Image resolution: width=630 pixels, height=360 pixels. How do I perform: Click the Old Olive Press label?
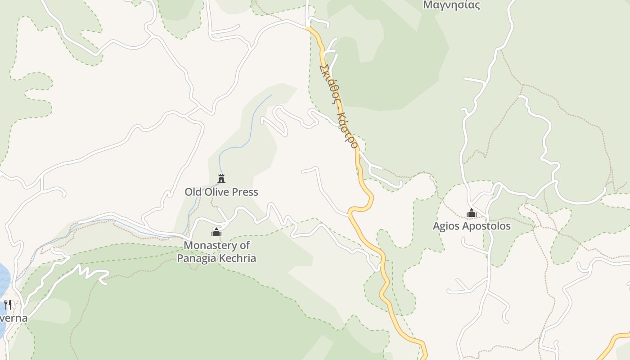click(221, 192)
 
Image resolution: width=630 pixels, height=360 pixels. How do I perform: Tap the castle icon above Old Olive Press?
click(221, 179)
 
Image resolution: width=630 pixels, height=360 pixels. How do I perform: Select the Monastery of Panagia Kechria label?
click(216, 252)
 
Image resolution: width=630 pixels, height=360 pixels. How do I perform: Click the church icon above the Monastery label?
click(216, 232)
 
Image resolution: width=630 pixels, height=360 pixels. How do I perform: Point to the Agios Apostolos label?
click(472, 226)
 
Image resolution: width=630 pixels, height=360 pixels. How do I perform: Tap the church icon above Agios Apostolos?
click(472, 213)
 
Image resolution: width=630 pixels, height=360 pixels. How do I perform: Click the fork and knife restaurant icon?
click(7, 305)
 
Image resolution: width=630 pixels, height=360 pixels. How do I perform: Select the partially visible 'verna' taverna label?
click(13, 318)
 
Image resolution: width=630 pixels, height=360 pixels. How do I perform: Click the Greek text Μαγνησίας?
click(451, 5)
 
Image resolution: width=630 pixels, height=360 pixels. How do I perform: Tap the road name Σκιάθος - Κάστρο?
click(338, 106)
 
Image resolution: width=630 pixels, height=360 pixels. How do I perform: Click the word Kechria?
click(236, 258)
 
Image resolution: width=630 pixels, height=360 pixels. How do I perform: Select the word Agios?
click(445, 226)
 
